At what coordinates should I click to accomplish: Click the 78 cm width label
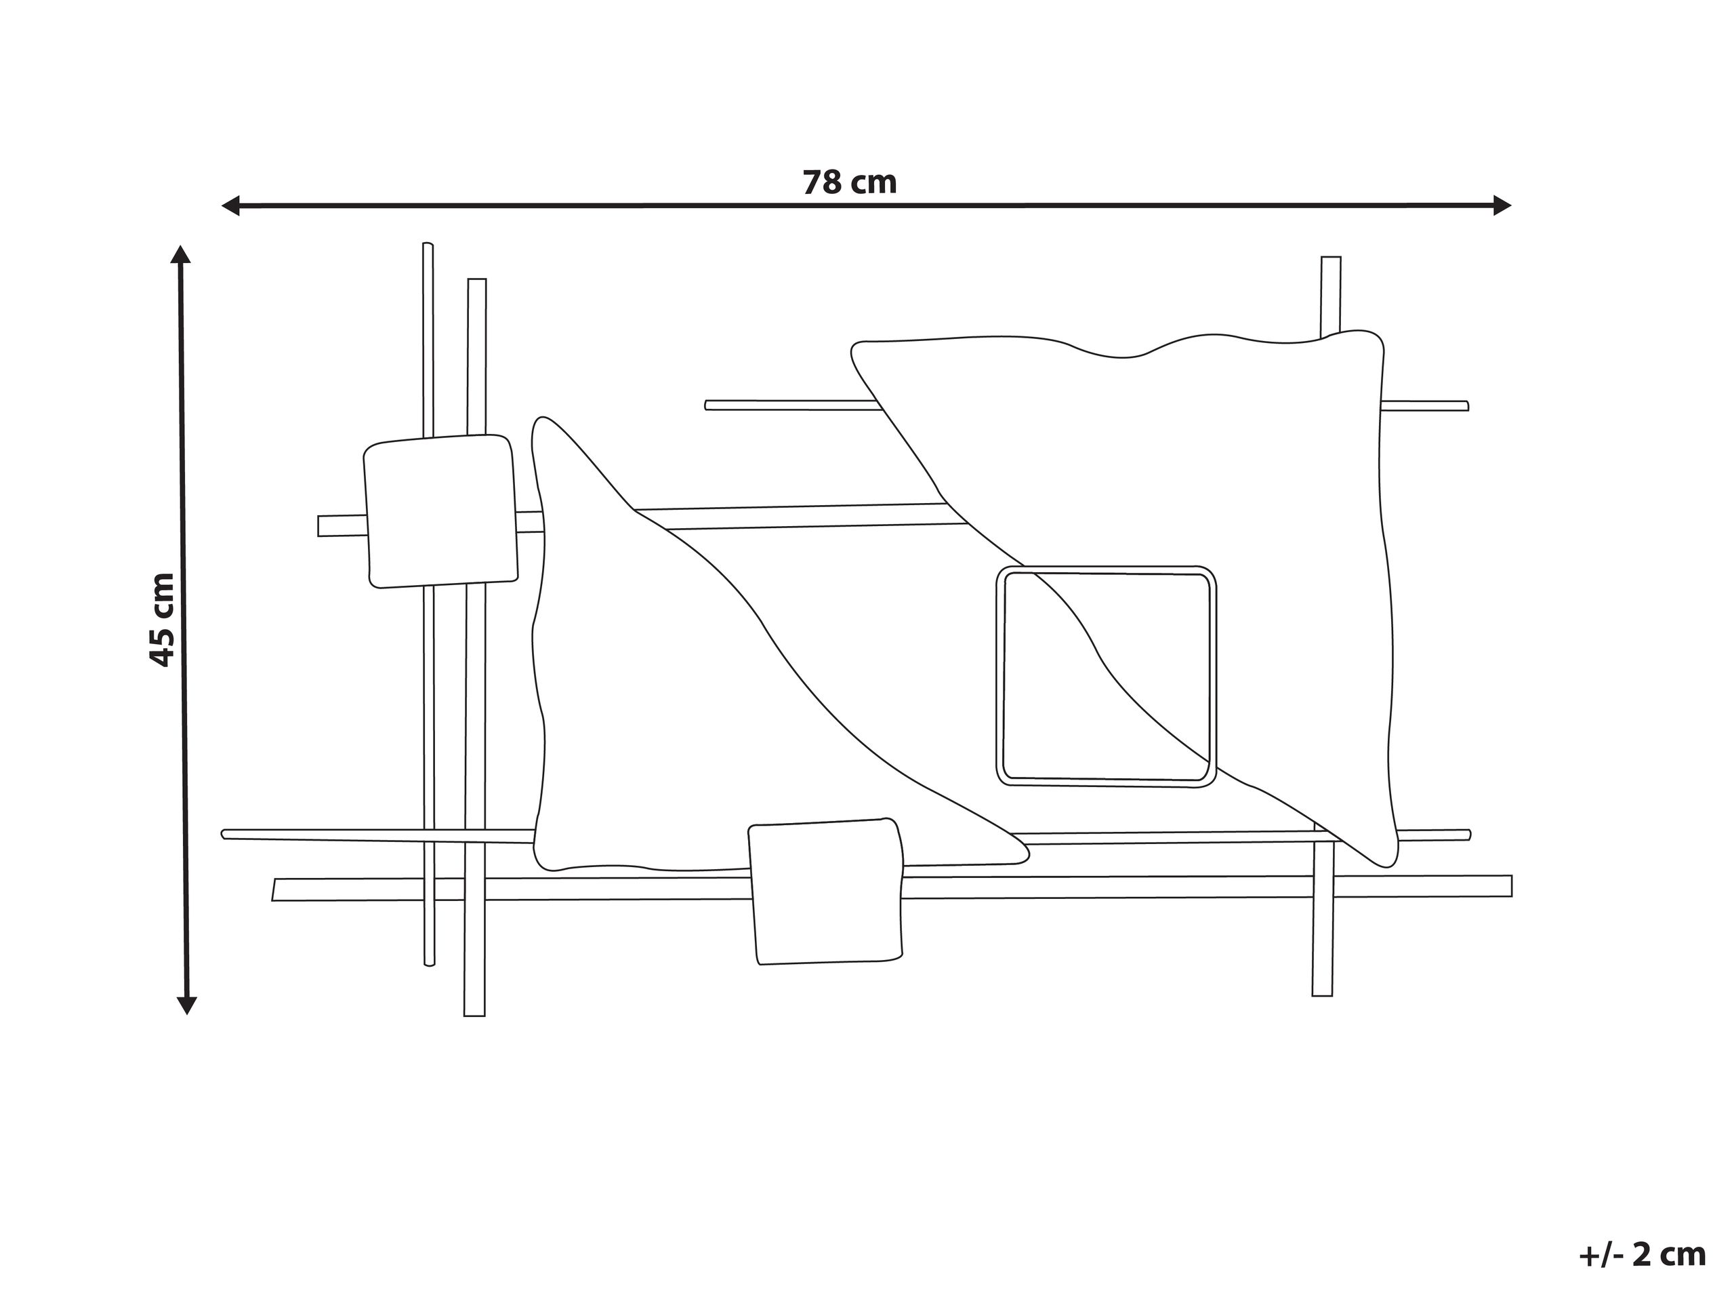click(850, 183)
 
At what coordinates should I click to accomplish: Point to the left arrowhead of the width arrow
click(230, 206)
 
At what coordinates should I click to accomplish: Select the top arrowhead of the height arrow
click(181, 254)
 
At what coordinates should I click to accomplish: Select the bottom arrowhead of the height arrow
click(186, 1005)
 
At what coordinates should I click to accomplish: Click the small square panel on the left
click(440, 511)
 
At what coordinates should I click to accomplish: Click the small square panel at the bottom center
click(825, 891)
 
